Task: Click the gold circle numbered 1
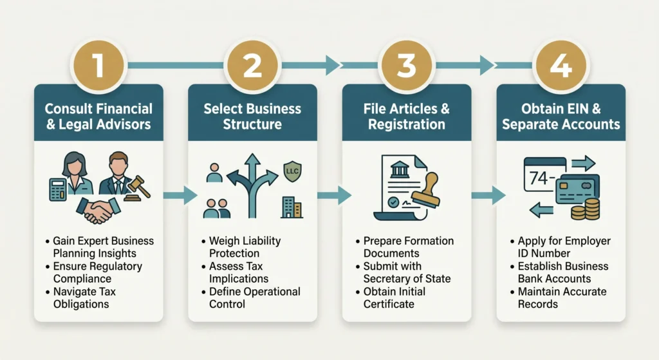coord(98,65)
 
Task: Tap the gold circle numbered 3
coord(407,65)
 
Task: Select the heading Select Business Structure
coord(252,117)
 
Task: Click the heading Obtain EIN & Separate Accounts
coord(561,117)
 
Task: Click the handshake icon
coord(98,211)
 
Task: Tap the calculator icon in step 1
coord(58,189)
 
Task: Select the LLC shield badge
coord(293,171)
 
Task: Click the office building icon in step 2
coord(292,207)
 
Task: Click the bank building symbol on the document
coord(400,169)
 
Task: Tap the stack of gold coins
coord(586,209)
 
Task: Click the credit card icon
coord(577,190)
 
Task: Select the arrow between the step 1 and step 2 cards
coord(180,195)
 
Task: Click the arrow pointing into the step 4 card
coord(489,195)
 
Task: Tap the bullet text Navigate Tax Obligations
coord(84,298)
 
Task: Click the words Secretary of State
coord(407,279)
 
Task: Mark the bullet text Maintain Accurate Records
coord(562,298)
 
